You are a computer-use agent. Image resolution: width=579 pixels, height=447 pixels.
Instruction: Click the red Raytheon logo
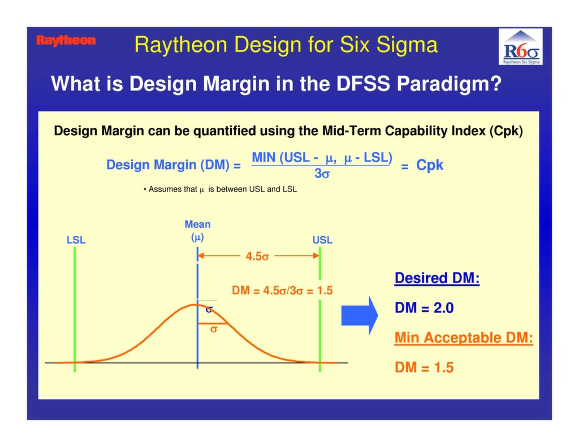pos(66,41)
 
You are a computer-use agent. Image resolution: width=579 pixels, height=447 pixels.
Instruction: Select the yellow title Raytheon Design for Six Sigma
pos(286,45)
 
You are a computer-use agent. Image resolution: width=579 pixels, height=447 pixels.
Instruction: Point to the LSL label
pos(76,240)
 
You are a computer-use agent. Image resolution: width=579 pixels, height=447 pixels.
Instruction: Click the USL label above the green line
pos(322,240)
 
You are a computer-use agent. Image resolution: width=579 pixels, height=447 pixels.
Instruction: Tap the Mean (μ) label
pos(197,231)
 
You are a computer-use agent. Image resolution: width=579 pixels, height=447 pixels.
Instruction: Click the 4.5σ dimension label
pos(257,256)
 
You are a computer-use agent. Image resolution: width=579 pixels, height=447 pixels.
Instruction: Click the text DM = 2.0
pos(424,308)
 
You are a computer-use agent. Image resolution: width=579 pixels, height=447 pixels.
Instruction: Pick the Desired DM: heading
pos(437,279)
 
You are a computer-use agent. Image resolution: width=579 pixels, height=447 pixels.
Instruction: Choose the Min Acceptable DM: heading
pos(464,338)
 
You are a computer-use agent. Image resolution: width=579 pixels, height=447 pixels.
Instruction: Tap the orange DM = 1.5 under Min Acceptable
pos(424,367)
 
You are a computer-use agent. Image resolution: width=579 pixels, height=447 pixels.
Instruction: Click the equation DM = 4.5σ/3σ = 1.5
pos(282,291)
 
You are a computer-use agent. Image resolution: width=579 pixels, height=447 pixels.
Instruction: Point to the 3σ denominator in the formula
pos(322,174)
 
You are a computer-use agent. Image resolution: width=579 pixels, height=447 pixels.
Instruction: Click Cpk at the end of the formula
pos(430,165)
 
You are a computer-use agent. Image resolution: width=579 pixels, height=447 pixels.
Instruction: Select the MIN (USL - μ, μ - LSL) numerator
pos(322,158)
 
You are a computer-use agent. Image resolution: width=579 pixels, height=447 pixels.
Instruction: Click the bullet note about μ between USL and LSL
pos(221,189)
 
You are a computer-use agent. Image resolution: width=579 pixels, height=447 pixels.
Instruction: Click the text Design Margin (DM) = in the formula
pos(174,165)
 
